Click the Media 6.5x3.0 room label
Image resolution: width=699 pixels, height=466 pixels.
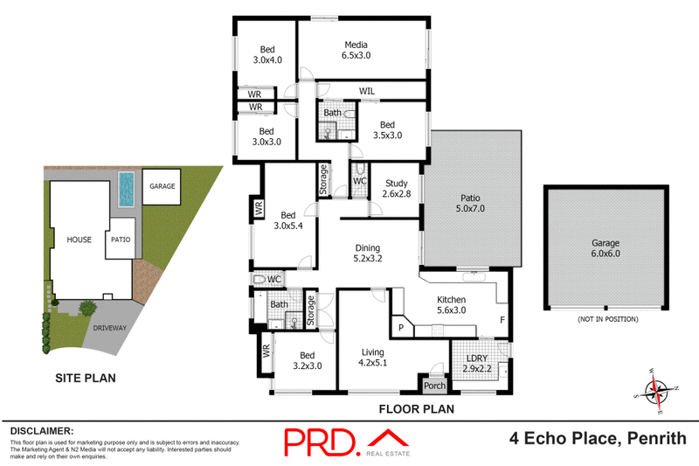point(356,50)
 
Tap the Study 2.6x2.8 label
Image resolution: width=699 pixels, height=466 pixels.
point(397,188)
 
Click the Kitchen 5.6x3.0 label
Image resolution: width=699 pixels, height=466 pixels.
point(456,304)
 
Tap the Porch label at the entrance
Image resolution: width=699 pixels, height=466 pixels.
point(434,386)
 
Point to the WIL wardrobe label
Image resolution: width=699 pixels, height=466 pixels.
point(367,90)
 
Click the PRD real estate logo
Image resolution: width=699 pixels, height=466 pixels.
point(345,442)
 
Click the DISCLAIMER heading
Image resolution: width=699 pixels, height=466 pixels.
point(41,431)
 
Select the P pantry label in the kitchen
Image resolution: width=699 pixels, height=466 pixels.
point(401,327)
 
